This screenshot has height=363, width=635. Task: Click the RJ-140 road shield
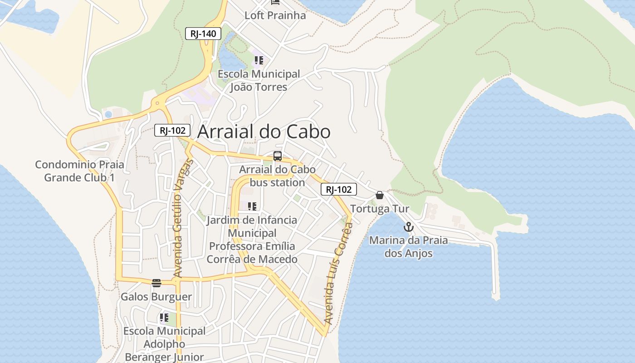(x=203, y=33)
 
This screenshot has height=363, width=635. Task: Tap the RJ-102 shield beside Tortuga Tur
(x=338, y=189)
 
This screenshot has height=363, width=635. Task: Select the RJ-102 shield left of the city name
(x=172, y=130)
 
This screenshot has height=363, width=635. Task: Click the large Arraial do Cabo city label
(x=264, y=132)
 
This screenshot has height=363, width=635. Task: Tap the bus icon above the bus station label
(x=278, y=156)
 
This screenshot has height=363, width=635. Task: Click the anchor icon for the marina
(x=409, y=226)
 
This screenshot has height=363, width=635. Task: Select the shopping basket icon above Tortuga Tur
(x=380, y=195)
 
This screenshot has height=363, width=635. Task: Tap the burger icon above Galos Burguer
(x=156, y=283)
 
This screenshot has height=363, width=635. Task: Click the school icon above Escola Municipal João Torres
(x=259, y=60)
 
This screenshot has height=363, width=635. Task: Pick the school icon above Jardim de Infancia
(x=252, y=206)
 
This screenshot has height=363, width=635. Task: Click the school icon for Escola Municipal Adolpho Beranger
(x=164, y=318)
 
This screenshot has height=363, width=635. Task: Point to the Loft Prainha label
(x=275, y=15)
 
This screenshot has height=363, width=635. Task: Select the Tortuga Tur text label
(x=380, y=209)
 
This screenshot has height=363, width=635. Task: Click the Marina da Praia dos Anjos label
(x=408, y=247)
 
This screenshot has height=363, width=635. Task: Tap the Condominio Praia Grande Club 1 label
(x=79, y=171)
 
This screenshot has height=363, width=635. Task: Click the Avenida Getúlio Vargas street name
(x=183, y=218)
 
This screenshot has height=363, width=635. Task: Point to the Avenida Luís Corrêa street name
(x=338, y=272)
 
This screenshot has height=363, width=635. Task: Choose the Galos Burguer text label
(x=156, y=297)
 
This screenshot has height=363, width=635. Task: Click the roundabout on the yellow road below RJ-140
(x=157, y=103)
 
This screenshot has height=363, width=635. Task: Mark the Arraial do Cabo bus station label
(x=277, y=176)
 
